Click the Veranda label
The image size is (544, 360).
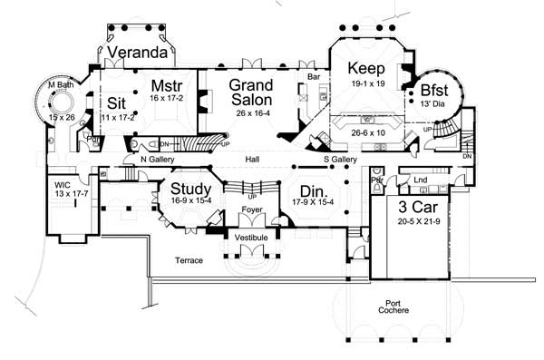pos(138,54)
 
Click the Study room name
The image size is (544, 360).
pos(190,189)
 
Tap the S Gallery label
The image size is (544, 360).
pos(339,161)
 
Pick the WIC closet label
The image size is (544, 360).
pos(65,185)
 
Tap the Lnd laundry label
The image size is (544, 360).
pos(420,180)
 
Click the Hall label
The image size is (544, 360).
pos(253,161)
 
